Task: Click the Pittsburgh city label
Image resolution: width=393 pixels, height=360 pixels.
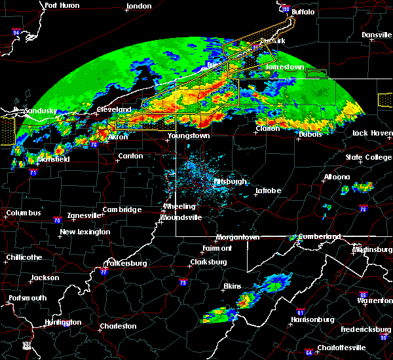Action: [x=229, y=182]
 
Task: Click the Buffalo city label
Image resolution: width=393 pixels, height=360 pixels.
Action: [x=303, y=12]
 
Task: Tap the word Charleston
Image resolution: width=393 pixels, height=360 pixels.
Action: [x=118, y=326]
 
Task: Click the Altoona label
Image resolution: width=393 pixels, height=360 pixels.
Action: [x=337, y=177]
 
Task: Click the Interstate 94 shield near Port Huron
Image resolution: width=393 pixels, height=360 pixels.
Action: [x=16, y=31]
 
